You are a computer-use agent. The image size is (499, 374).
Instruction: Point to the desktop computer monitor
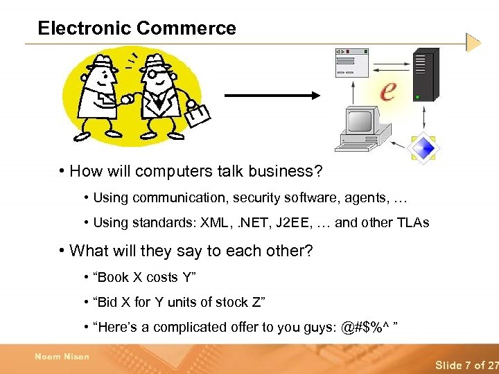360,120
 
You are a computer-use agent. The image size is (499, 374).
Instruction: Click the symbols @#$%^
368,327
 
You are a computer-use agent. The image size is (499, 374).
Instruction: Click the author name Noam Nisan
62,357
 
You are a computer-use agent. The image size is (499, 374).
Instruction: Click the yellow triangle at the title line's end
473,42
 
